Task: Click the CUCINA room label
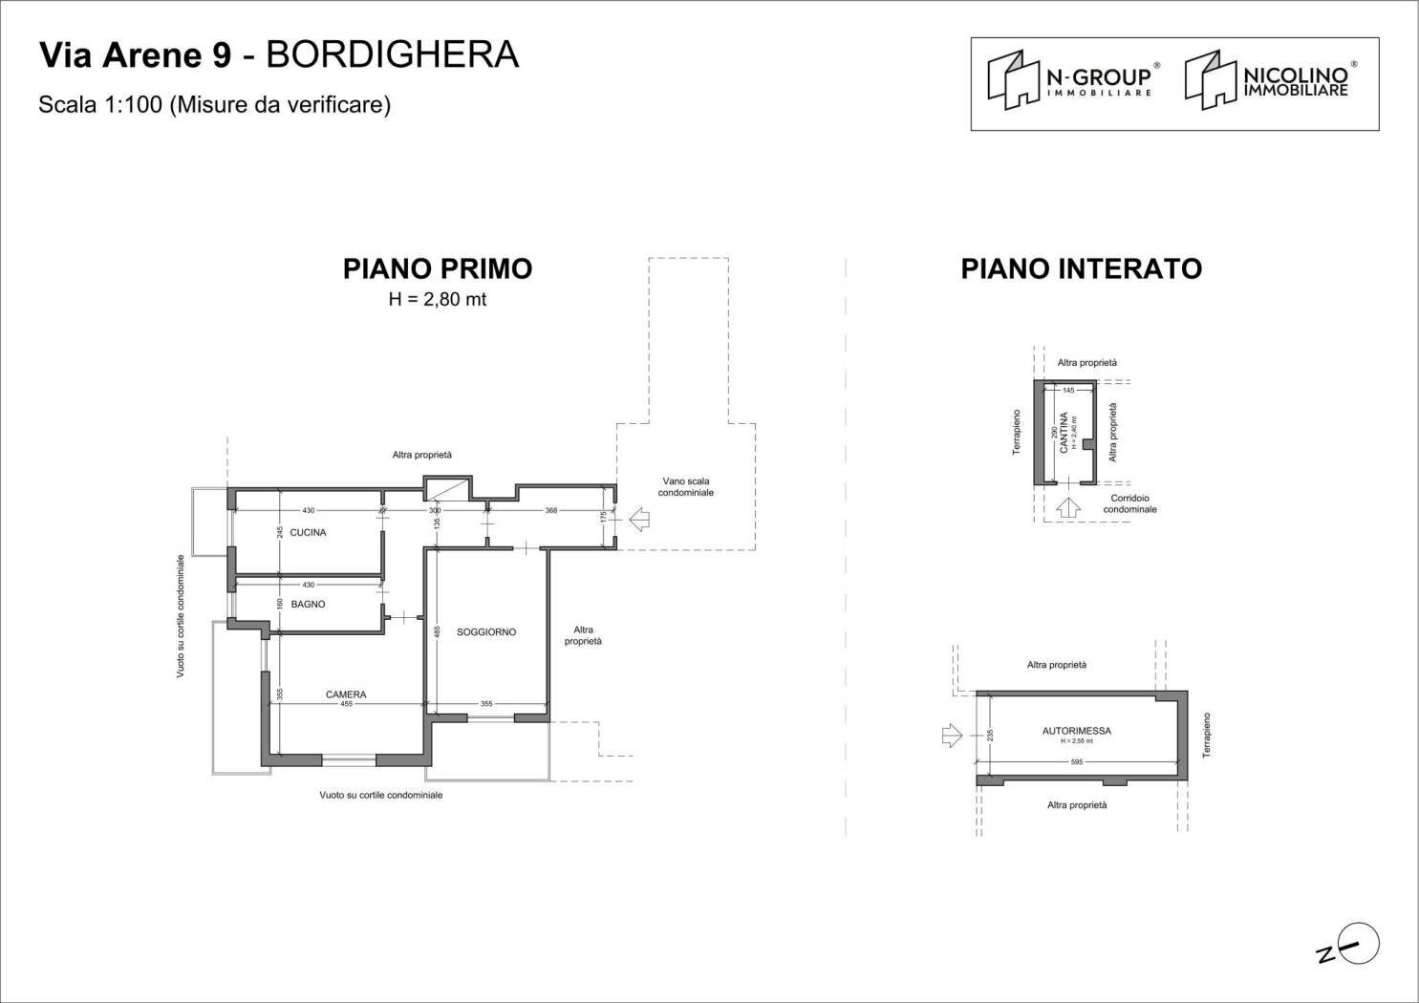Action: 308,532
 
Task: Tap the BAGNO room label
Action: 308,604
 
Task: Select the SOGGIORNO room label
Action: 486,631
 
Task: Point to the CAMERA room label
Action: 346,694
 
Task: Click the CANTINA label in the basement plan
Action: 1064,433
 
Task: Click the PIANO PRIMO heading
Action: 438,268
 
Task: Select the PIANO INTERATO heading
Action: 1081,268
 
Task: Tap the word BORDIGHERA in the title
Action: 392,55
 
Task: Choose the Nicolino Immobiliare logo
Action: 1271,80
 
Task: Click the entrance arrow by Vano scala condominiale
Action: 639,521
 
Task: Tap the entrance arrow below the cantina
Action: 1068,507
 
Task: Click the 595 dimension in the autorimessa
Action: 1077,762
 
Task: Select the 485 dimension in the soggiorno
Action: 437,631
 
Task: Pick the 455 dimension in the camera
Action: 346,704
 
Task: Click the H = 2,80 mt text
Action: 438,299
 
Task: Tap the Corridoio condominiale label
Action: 1129,503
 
